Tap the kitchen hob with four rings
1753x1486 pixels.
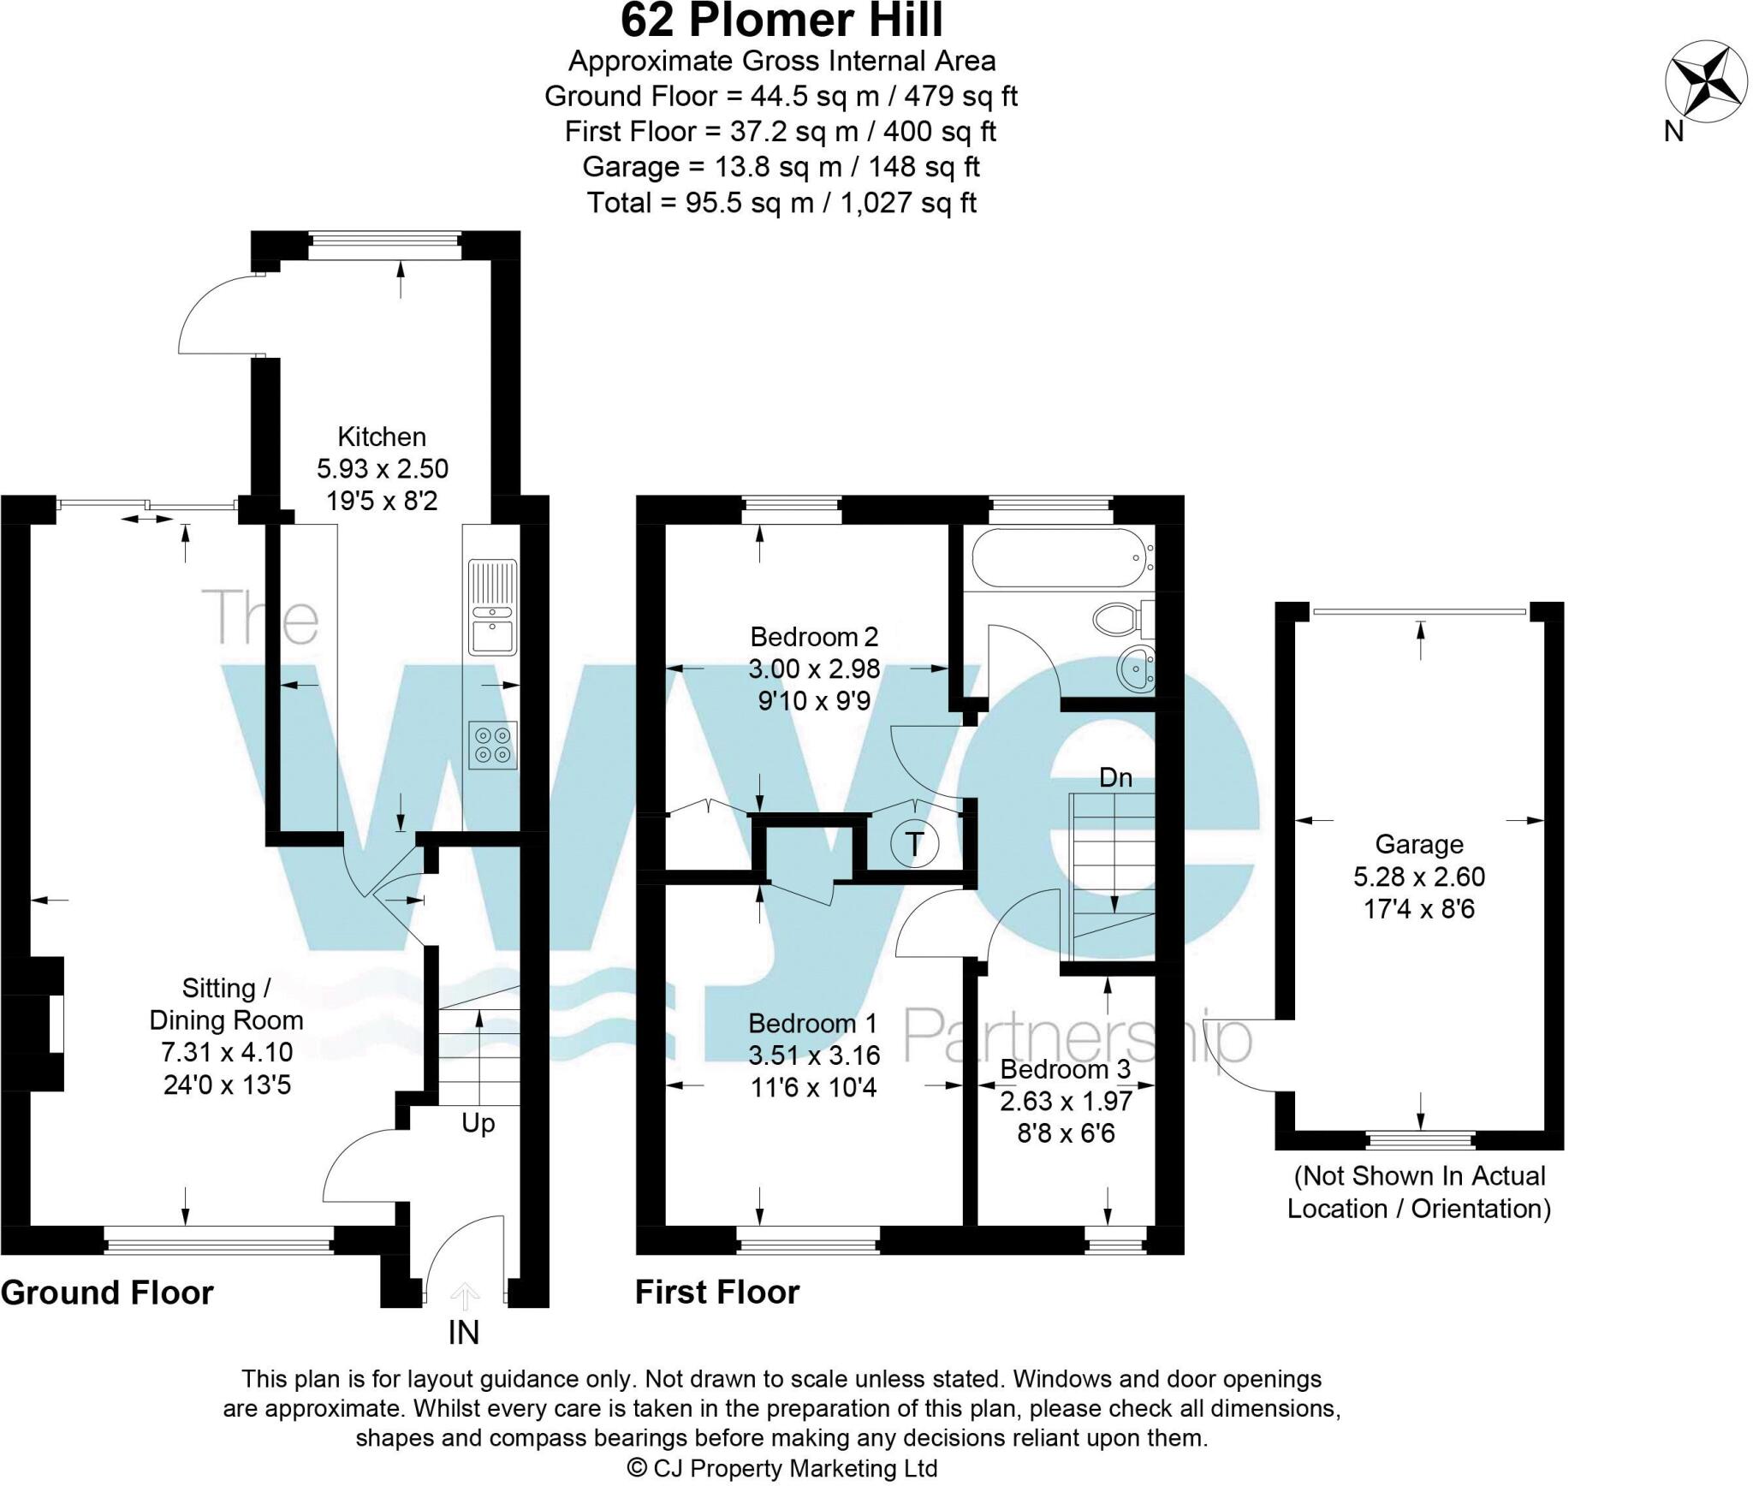pyautogui.click(x=494, y=744)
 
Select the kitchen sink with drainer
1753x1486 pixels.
pyautogui.click(x=492, y=607)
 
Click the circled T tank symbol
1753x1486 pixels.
pyautogui.click(x=915, y=844)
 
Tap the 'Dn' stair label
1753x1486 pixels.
pyautogui.click(x=1115, y=777)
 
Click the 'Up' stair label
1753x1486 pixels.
pyautogui.click(x=478, y=1122)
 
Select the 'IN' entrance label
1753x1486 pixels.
pyautogui.click(x=464, y=1332)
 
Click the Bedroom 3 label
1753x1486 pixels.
pyautogui.click(x=1065, y=1069)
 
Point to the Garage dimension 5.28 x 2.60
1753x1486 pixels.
pyautogui.click(x=1418, y=877)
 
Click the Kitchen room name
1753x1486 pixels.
pyautogui.click(x=382, y=437)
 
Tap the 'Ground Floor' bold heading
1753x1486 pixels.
pyautogui.click(x=107, y=1293)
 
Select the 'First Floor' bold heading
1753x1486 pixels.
pyautogui.click(x=716, y=1293)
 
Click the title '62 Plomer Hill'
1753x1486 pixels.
pyautogui.click(x=781, y=21)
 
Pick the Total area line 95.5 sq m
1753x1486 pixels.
pyautogui.click(x=781, y=203)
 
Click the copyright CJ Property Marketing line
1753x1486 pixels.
pyautogui.click(x=782, y=1468)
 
